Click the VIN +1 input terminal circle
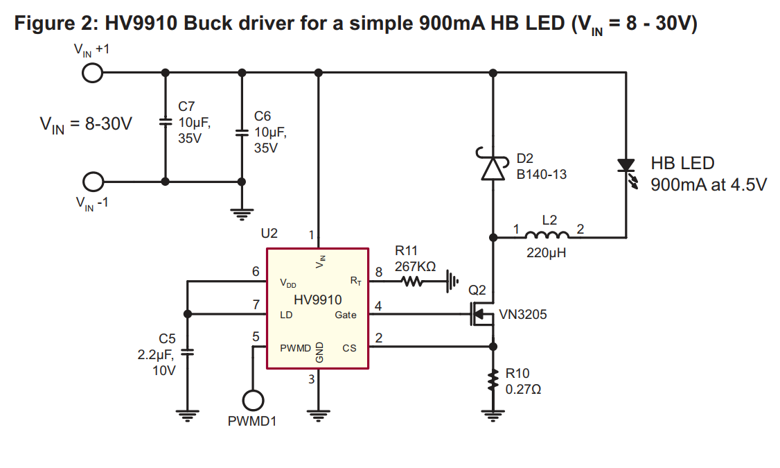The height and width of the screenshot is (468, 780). coord(92,72)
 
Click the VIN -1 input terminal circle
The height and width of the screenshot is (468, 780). coord(92,182)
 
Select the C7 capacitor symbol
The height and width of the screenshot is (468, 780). coord(165,122)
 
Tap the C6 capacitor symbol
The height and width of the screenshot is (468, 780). coord(242,132)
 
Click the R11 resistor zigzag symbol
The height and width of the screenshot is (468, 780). coord(412,281)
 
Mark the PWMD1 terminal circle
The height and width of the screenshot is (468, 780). coord(253,400)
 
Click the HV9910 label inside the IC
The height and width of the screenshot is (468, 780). coord(318,300)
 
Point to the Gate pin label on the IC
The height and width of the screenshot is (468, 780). coord(346,315)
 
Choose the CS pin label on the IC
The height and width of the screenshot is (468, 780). coord(349,348)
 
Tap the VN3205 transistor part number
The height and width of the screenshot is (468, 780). coord(523,315)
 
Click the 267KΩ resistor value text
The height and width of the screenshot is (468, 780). coord(415,266)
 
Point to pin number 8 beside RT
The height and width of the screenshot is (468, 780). coord(378,272)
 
